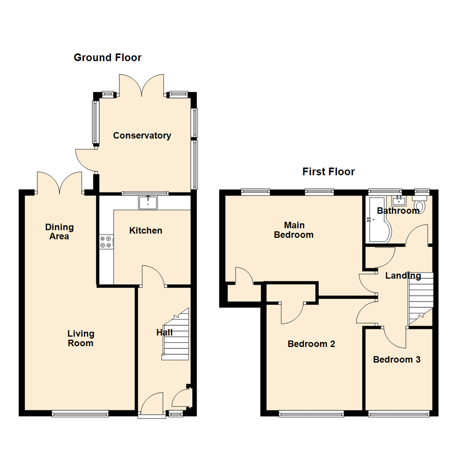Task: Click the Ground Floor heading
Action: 107,58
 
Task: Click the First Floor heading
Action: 328,172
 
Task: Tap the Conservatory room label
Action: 142,136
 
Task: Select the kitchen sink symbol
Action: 148,203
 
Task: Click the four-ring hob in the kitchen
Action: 106,242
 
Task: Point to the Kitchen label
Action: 145,231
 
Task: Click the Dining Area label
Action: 59,232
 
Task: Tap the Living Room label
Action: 80,338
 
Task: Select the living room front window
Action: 80,413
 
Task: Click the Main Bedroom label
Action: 293,230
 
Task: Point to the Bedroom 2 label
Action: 311,344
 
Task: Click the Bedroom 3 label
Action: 397,360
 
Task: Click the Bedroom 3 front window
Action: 399,413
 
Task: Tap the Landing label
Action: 403,276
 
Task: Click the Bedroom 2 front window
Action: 311,413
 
